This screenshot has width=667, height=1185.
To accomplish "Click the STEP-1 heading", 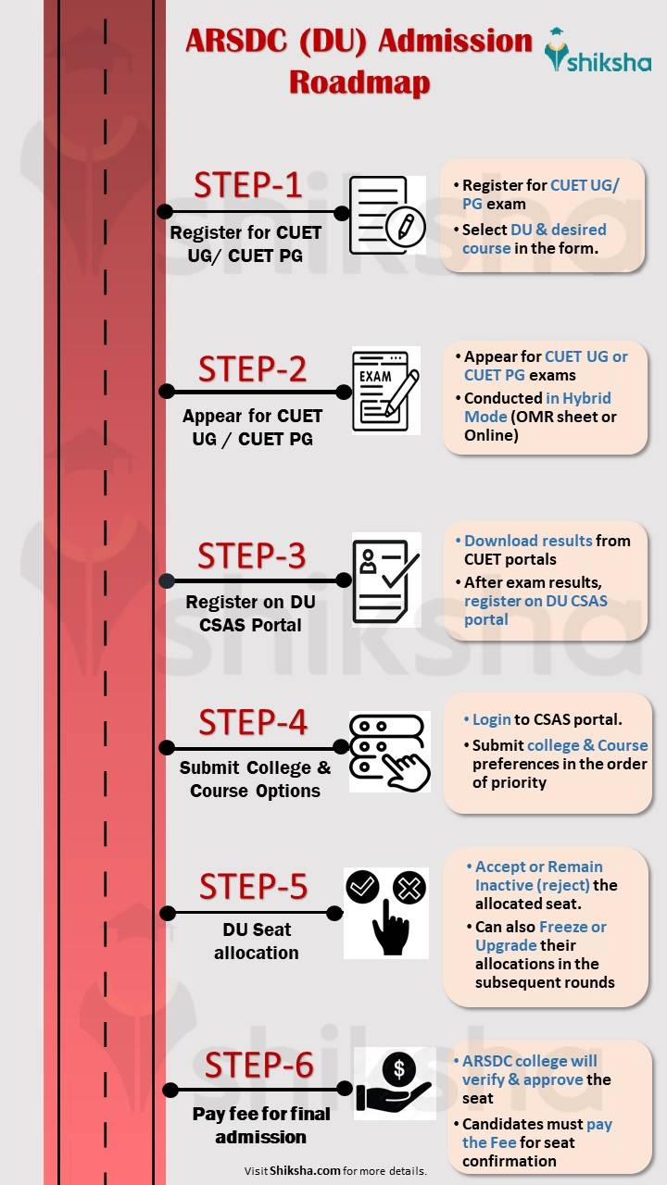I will pos(247,185).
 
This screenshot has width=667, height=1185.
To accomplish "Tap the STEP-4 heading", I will pos(252,721).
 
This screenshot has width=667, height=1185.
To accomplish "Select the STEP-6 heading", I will pos(258,1066).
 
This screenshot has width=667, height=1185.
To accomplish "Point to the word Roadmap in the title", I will pos(359,81).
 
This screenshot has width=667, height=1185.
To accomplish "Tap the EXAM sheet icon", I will pos(385,390).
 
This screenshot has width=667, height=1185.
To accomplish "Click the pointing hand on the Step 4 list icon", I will pos(407,768).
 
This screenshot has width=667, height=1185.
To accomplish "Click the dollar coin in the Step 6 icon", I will pos(399,1070).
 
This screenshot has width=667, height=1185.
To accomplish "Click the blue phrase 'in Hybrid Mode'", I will pos(537,407).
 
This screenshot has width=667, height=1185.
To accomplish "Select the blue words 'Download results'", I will pos(528,541).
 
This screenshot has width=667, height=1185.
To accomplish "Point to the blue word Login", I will pos(492,719).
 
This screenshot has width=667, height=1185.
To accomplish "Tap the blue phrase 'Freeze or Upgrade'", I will pos(541,936).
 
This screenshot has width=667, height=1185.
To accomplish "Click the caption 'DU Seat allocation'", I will pos(257,941).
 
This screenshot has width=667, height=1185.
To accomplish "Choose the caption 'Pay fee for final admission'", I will pos(260,1125).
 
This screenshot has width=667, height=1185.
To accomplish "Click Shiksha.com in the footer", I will pos(305,1171).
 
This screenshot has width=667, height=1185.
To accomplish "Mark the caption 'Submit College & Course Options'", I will pos(255,779).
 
